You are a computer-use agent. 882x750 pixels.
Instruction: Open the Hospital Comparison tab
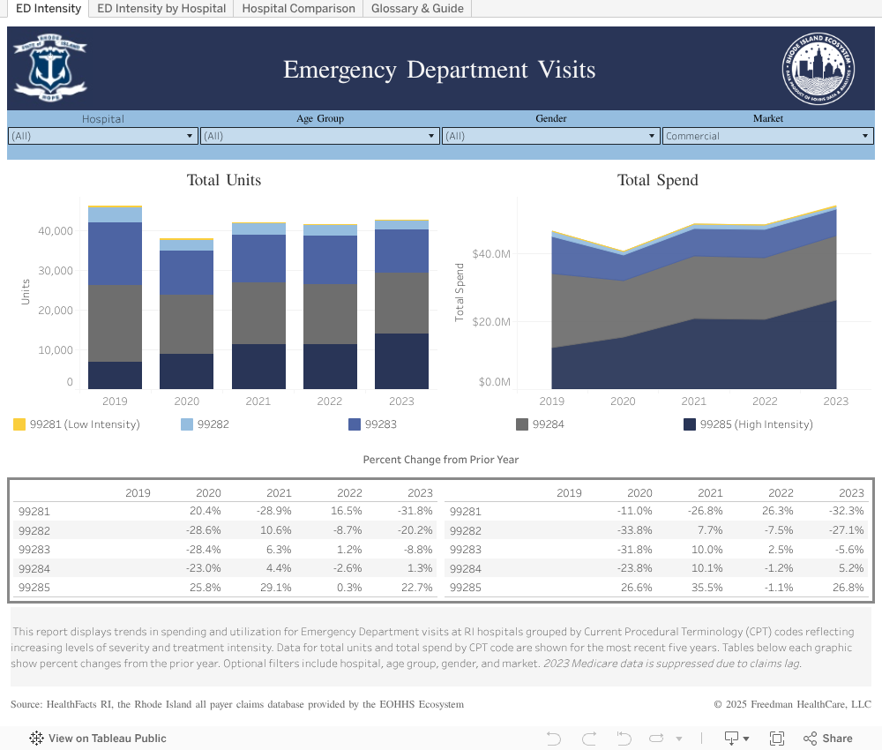coord(298,9)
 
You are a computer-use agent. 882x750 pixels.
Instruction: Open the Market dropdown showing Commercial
coord(767,136)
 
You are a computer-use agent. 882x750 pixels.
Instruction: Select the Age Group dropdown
coord(320,136)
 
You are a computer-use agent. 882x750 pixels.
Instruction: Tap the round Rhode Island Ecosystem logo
coord(818,69)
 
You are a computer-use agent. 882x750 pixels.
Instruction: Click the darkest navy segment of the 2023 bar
coord(401,362)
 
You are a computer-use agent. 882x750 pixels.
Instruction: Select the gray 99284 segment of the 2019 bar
coord(115,323)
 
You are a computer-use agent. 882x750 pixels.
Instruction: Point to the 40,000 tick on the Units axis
coord(56,231)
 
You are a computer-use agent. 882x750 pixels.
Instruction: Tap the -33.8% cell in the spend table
coord(635,530)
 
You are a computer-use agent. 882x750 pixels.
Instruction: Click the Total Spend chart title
coord(657,180)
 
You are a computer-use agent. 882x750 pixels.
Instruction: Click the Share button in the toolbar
coord(827,739)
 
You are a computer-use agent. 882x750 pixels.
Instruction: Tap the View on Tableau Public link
coord(98,739)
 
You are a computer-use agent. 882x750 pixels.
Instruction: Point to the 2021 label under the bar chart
coord(258,401)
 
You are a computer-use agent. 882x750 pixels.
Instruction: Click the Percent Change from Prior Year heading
coord(440,460)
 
